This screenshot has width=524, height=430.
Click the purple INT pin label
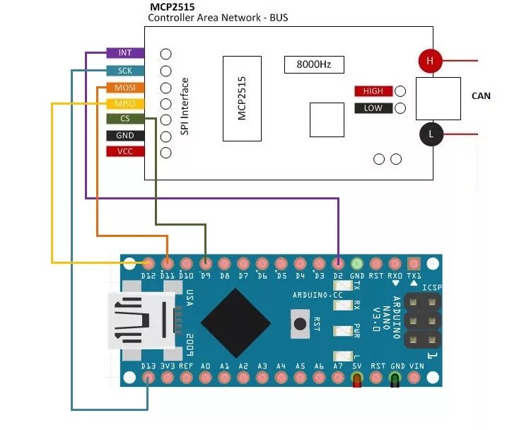point(125,53)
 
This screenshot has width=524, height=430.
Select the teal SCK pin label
point(125,71)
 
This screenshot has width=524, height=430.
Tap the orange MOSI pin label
point(125,88)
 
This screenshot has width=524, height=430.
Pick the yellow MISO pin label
point(125,104)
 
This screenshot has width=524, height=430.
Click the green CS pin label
point(125,119)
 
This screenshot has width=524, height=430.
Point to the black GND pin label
point(125,135)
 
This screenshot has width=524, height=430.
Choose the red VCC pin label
point(125,151)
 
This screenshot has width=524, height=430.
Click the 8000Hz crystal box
point(314,64)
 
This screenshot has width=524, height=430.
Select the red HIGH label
point(373,91)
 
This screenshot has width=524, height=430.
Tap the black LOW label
point(373,108)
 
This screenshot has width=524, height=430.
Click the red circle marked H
point(429,62)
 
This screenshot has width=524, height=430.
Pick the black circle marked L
point(429,134)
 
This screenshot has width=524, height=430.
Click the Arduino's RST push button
point(300,324)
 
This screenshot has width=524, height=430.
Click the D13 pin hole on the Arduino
point(148,378)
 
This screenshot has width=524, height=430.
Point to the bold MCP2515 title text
point(173,7)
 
